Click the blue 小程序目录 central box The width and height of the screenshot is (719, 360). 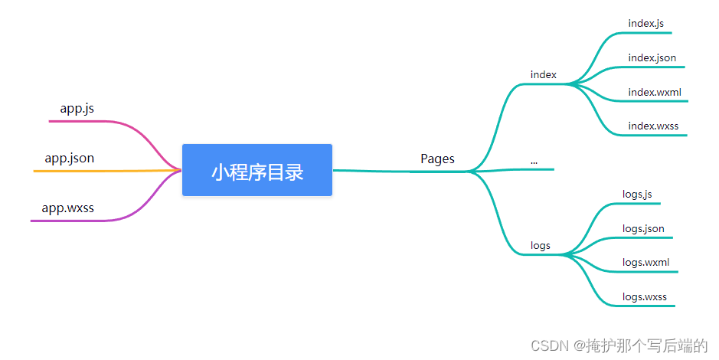257,170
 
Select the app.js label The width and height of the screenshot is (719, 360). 77,109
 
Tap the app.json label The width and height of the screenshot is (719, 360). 70,159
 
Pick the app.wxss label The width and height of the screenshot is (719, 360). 68,208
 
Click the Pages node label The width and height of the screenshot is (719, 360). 437,159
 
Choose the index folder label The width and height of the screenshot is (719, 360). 543,74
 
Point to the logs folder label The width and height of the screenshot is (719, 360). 540,246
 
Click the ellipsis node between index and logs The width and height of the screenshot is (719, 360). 534,162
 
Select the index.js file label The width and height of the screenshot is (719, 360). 645,23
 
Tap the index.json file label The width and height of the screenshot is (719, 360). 652,57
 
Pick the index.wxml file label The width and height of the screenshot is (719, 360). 654,93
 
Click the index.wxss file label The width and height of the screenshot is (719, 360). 653,126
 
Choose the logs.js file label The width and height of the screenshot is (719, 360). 637,195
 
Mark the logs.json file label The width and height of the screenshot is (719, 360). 643,228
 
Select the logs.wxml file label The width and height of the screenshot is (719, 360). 645,262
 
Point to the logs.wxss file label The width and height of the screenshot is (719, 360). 644,296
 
